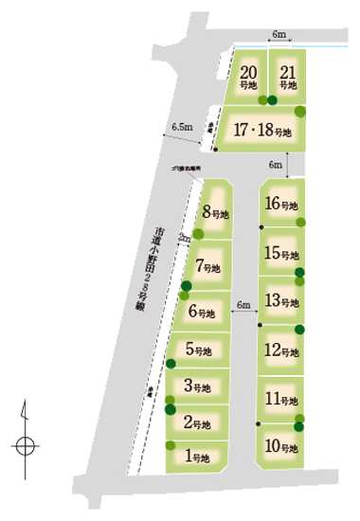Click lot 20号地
249,77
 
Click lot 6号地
205,311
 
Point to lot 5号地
201,350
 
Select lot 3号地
200,386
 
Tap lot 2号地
199,422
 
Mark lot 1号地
199,457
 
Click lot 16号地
282,204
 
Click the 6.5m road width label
182,126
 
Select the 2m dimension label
183,239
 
